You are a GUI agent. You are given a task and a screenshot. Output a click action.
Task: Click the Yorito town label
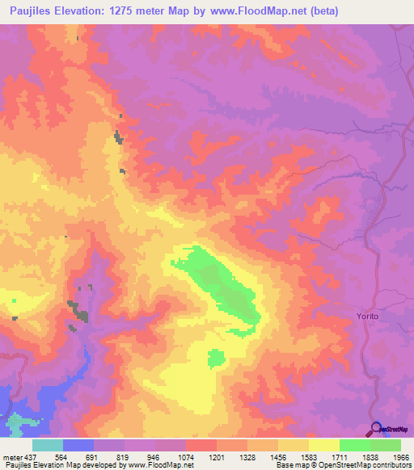click(x=367, y=316)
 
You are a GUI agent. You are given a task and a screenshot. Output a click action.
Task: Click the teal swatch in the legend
click(x=47, y=445)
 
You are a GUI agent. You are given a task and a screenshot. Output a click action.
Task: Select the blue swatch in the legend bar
click(x=78, y=445)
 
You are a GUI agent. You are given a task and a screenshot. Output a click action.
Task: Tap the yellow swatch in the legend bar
click(x=323, y=445)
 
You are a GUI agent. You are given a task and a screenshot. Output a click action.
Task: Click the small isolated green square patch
click(x=216, y=357)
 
